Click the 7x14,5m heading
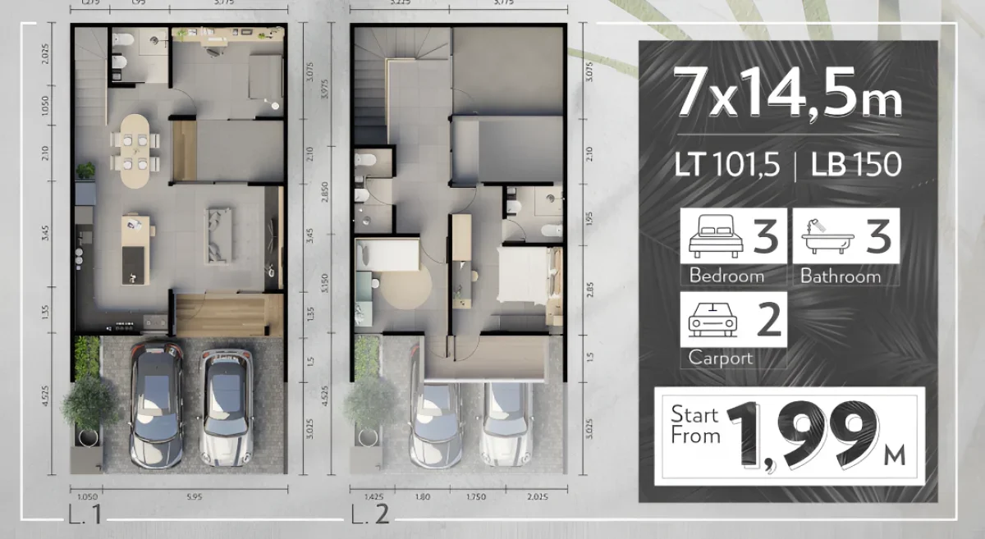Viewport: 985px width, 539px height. [x=787, y=93]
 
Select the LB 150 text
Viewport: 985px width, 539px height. [x=856, y=164]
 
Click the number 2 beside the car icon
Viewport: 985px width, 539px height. [x=768, y=320]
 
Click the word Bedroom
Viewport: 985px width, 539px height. [x=726, y=276]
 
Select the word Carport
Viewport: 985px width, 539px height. [x=720, y=358]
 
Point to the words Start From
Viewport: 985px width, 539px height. [x=694, y=424]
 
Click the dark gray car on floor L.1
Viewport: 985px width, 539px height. [x=156, y=404]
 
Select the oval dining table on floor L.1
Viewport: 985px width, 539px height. [x=136, y=148]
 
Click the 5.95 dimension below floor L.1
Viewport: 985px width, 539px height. [x=194, y=496]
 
